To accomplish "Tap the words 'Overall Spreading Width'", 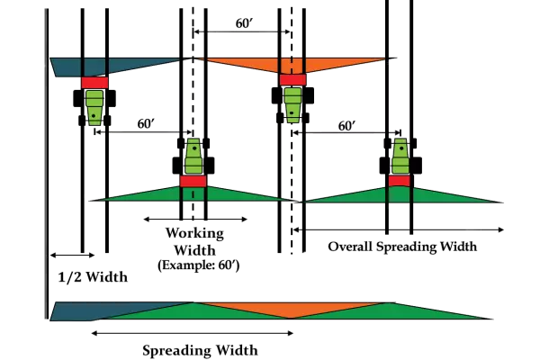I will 402,246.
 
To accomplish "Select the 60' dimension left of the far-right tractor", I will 345,126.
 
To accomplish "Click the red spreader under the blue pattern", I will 94,82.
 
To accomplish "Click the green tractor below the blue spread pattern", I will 94,108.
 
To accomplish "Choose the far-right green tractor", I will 400,158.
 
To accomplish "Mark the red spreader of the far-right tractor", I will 400,181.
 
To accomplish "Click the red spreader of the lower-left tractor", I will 194,179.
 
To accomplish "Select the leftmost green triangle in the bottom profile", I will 193,313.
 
